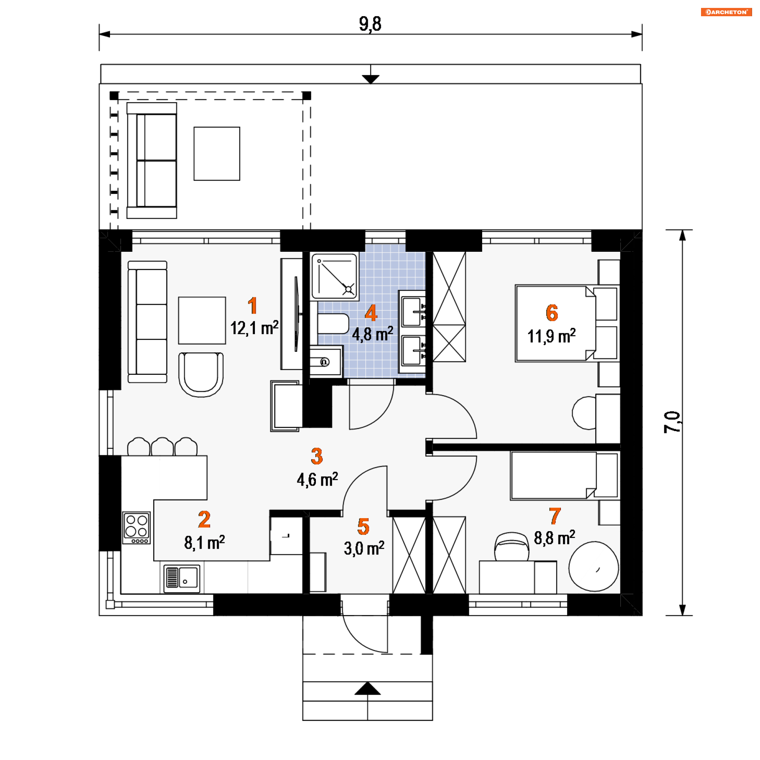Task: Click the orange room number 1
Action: pos(252,306)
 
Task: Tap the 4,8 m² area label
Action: pos(372,334)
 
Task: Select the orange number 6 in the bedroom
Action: pos(552,313)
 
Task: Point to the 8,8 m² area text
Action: pos(555,538)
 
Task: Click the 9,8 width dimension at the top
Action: pos(370,24)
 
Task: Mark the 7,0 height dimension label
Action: pos(672,422)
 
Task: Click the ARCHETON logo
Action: pos(726,12)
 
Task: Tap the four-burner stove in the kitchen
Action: pos(137,528)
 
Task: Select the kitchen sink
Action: pos(182,578)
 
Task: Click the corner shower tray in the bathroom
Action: pos(335,276)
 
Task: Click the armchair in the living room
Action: pos(201,374)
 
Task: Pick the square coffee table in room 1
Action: pos(202,321)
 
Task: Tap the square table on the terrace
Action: pos(217,154)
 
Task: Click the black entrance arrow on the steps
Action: pos(367,688)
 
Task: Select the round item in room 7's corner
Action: pos(594,567)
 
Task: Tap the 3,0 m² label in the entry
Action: pos(364,548)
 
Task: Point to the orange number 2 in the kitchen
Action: pos(204,519)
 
